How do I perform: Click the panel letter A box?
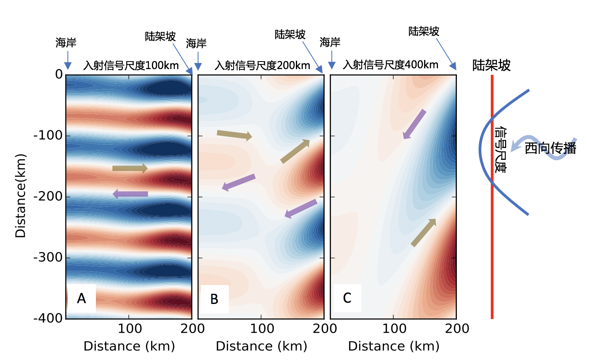click(x=82, y=298)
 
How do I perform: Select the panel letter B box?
click(x=214, y=299)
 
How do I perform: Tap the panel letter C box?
click(x=347, y=298)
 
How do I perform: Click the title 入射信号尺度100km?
click(x=131, y=66)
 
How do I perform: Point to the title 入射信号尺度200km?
click(x=262, y=66)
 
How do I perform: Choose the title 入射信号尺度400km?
click(x=391, y=65)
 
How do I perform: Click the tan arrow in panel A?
click(x=130, y=169)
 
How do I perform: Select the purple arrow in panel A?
click(x=130, y=194)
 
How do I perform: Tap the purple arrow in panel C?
click(x=414, y=124)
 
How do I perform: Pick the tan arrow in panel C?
click(x=423, y=232)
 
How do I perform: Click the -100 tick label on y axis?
click(x=48, y=135)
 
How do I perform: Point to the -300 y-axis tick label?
click(x=48, y=257)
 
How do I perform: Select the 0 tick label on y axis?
click(x=59, y=74)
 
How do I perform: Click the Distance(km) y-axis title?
click(x=21, y=196)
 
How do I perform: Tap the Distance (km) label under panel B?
click(x=261, y=346)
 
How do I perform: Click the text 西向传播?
click(x=550, y=148)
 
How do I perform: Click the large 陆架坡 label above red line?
click(x=491, y=65)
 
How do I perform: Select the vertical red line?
click(x=492, y=237)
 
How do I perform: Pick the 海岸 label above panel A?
click(x=66, y=43)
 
